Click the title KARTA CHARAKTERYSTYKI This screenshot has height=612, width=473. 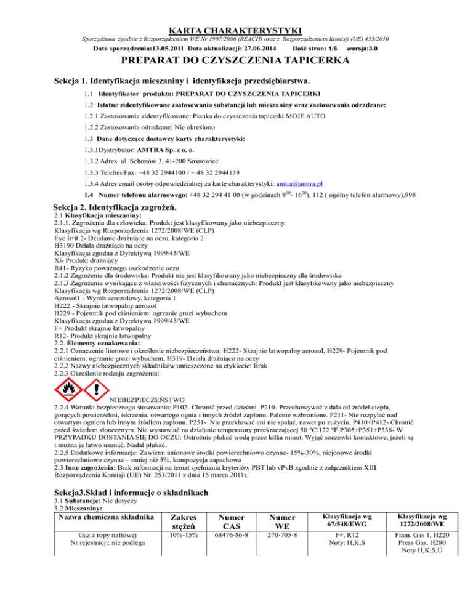pyautogui.click(x=236, y=29)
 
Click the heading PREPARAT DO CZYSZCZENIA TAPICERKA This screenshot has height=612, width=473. pyautogui.click(x=236, y=60)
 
